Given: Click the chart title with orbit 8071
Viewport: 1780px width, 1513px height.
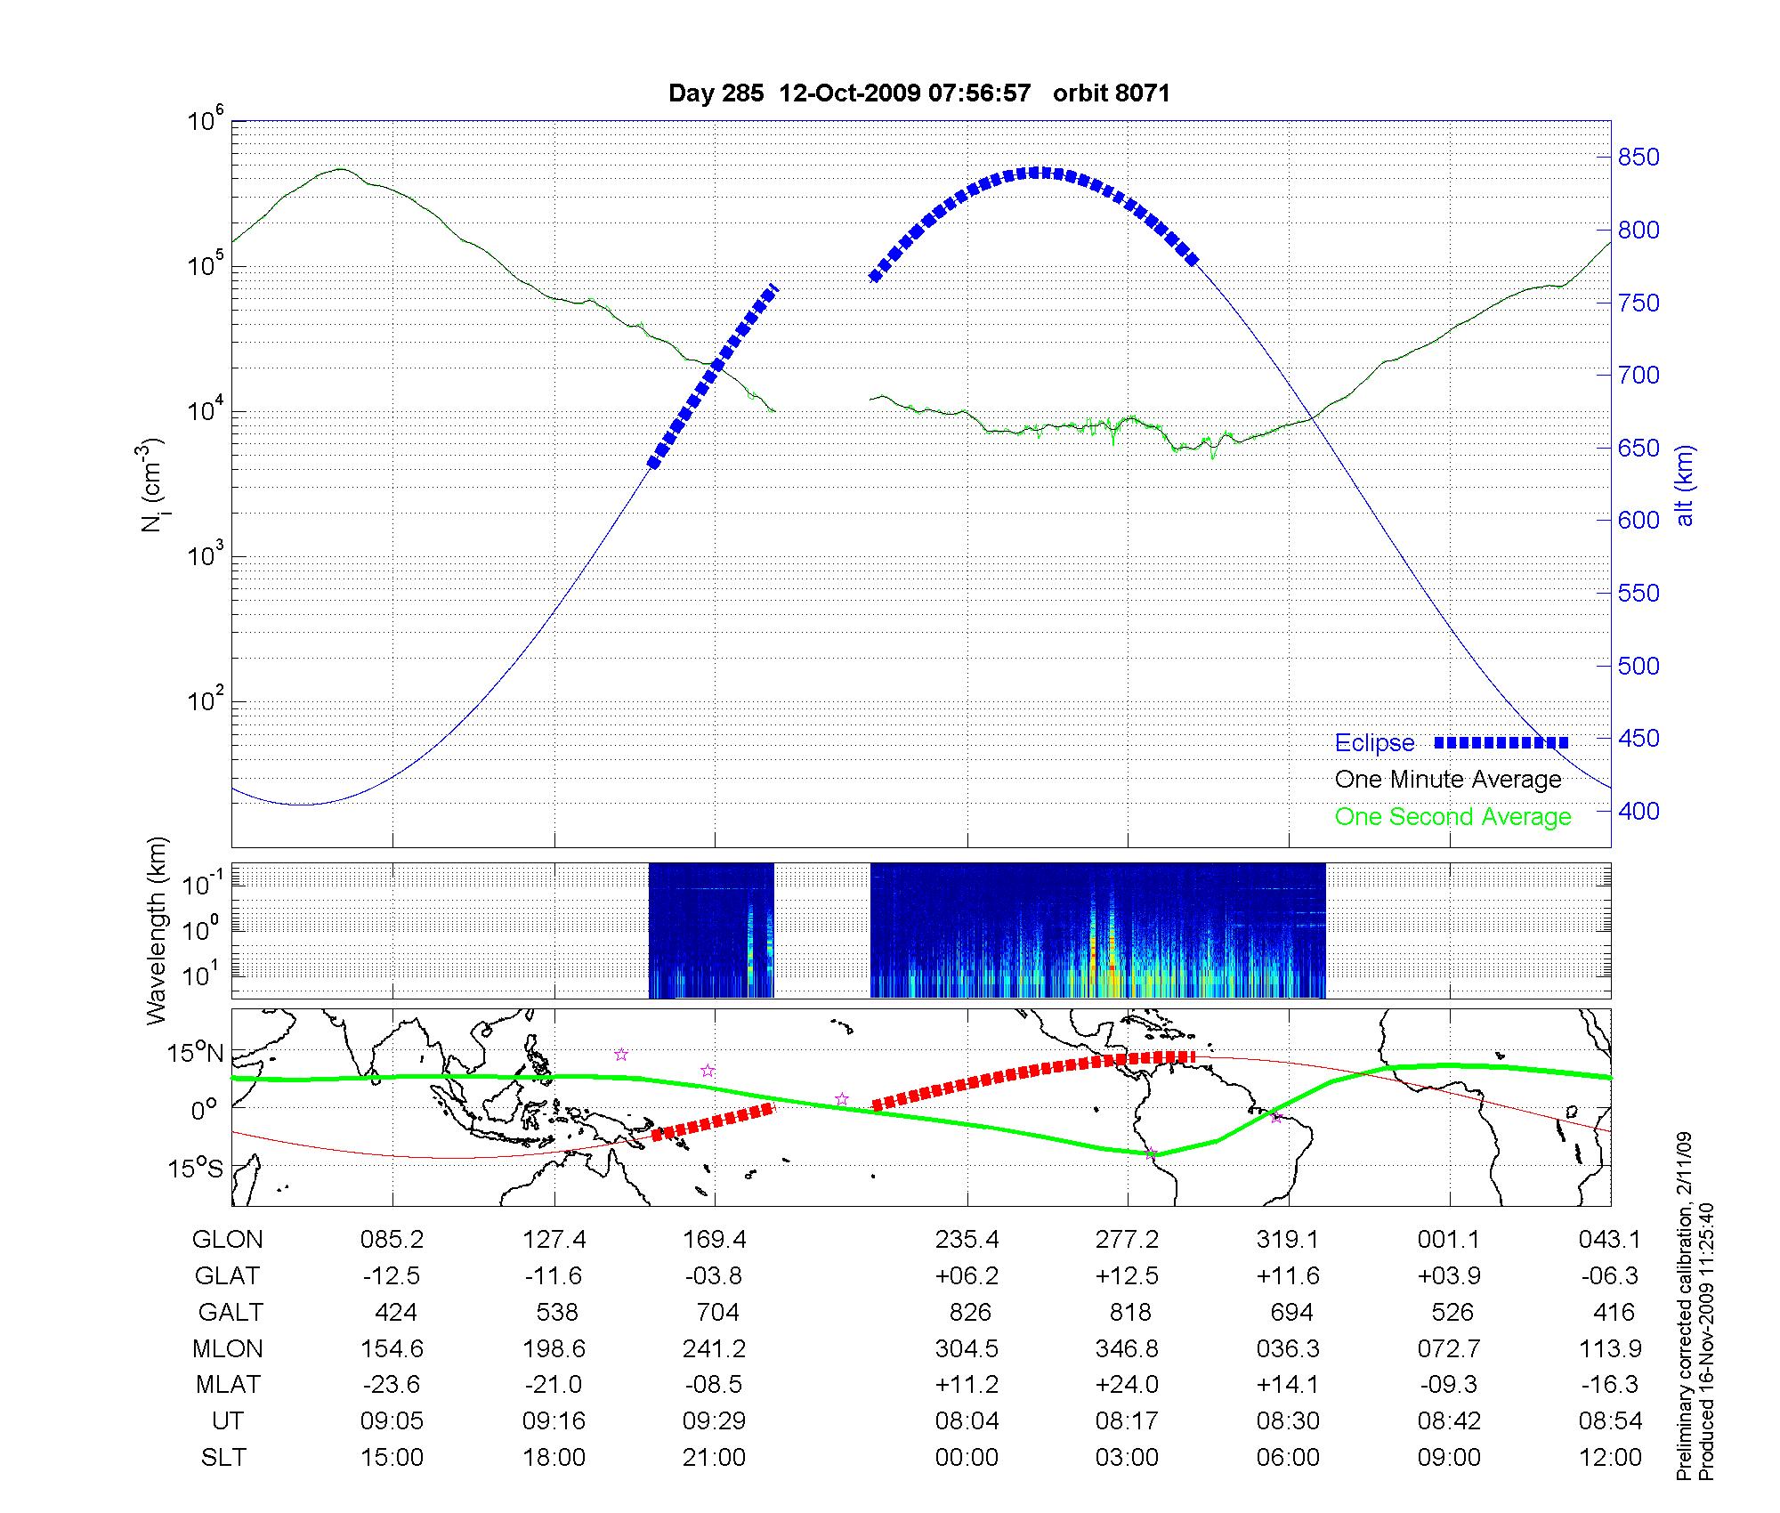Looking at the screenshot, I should coord(918,93).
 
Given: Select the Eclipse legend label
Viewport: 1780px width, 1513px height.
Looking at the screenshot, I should coord(1374,743).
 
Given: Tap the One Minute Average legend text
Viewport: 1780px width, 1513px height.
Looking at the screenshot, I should coord(1448,780).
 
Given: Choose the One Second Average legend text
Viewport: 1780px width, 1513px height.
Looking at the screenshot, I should coord(1452,817).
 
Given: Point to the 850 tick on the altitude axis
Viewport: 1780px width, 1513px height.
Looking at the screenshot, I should coord(1638,158).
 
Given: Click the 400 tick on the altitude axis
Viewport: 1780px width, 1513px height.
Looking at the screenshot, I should coord(1638,811).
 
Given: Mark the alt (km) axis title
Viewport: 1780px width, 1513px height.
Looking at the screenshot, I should coord(1685,485).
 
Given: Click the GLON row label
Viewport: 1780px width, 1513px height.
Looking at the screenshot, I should coord(227,1240).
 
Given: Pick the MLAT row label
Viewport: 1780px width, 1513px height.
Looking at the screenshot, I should coord(228,1385).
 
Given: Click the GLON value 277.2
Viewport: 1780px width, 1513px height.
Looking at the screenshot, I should coord(1127,1240).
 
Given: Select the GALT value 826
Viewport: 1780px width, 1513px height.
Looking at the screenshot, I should coord(969,1313).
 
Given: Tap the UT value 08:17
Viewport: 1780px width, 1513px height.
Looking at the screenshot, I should coord(1127,1421).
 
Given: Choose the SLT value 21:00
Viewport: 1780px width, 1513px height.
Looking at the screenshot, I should coord(714,1458).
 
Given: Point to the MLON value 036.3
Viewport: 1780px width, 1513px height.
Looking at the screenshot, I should coord(1288,1349).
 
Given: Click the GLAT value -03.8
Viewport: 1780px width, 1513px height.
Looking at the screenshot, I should coord(714,1276).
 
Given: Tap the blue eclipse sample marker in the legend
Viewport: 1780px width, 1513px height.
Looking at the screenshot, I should coord(1501,742).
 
